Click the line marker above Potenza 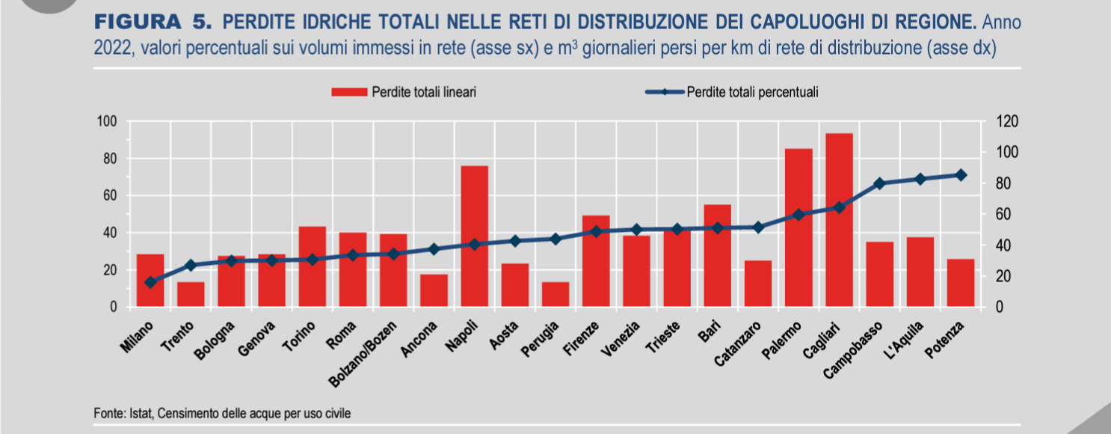point(961,175)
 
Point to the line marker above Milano point(150,282)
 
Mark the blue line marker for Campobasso point(879,183)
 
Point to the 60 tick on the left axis point(110,196)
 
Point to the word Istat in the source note point(132,412)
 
